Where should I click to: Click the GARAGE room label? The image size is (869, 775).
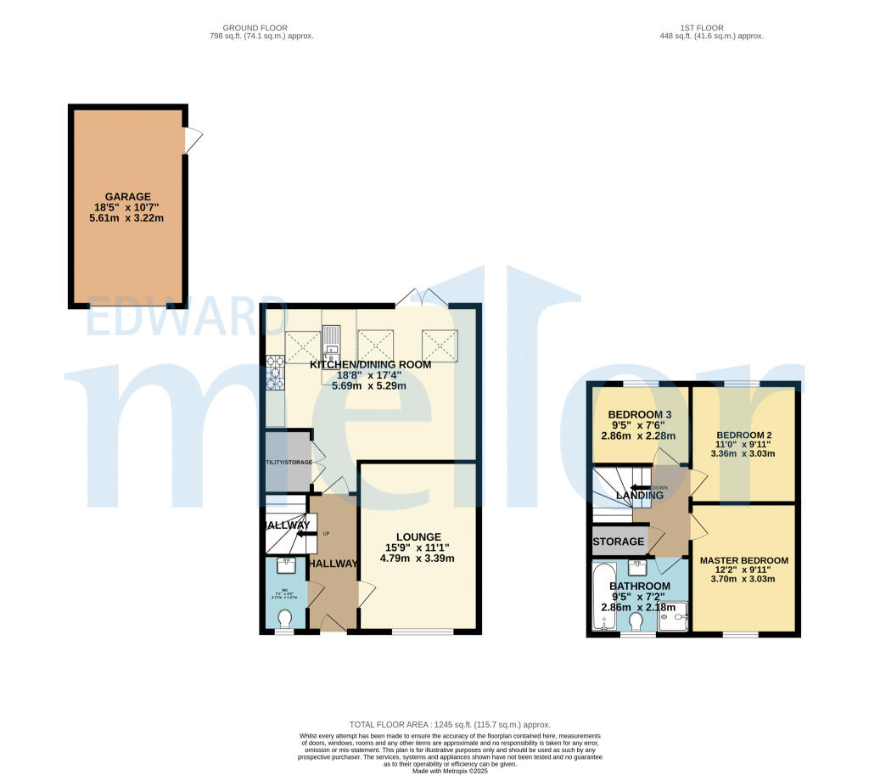coord(128,197)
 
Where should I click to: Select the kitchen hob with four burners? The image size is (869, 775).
coord(275,372)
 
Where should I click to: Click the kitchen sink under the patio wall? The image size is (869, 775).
coord(331,340)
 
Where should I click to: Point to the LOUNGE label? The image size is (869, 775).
coord(418,536)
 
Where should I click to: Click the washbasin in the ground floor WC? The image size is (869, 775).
coord(287,564)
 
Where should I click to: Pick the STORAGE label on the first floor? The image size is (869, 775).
coord(619,542)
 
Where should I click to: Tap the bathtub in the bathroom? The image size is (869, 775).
coord(602,598)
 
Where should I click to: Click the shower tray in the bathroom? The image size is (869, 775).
coord(676,617)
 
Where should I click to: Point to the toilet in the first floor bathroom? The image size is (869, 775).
coord(636,621)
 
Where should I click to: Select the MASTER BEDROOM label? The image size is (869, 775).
coord(744,560)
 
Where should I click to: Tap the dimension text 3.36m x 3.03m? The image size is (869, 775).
coord(744,452)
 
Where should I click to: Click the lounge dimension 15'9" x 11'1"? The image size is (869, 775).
coord(418,548)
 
